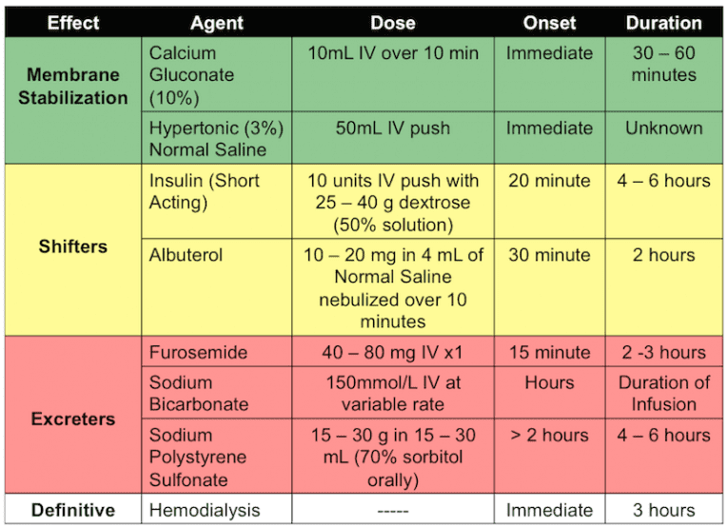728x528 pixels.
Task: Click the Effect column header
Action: click(73, 23)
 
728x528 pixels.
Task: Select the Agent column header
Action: click(214, 23)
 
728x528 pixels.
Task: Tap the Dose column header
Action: click(393, 23)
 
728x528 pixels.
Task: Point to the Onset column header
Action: click(549, 23)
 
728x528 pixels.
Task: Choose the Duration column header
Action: click(663, 23)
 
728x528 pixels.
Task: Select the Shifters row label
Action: click(73, 246)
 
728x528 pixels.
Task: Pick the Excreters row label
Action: click(73, 419)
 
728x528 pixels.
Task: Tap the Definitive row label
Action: click(73, 510)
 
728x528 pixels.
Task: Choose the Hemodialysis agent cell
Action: click(205, 510)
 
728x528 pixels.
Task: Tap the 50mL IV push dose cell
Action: click(393, 127)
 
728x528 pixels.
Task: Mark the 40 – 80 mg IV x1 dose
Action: click(393, 353)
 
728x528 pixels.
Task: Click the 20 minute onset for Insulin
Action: click(549, 181)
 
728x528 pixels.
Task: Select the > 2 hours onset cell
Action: click(549, 435)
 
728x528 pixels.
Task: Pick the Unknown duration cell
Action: click(663, 127)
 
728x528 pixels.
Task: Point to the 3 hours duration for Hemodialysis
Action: click(663, 510)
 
